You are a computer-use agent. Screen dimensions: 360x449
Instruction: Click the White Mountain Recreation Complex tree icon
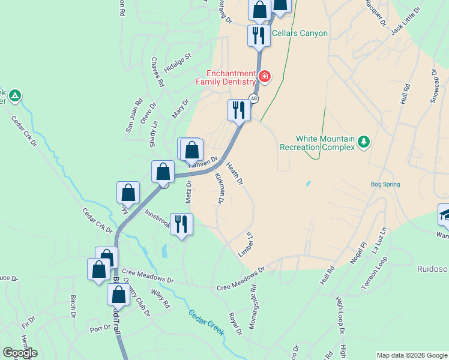363,142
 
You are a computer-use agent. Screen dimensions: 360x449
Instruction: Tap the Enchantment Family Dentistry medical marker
264,77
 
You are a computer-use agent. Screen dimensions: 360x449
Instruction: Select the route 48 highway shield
255,99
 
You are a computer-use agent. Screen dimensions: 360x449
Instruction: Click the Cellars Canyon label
300,33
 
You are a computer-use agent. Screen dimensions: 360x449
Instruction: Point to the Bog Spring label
385,184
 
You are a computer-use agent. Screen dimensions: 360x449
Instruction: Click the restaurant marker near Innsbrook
181,224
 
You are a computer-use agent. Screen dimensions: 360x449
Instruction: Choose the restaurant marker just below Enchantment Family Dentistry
239,110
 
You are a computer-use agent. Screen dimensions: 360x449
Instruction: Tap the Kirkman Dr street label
218,188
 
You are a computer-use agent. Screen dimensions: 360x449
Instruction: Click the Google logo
20,353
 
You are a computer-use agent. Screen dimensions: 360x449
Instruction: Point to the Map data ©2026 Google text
411,355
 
